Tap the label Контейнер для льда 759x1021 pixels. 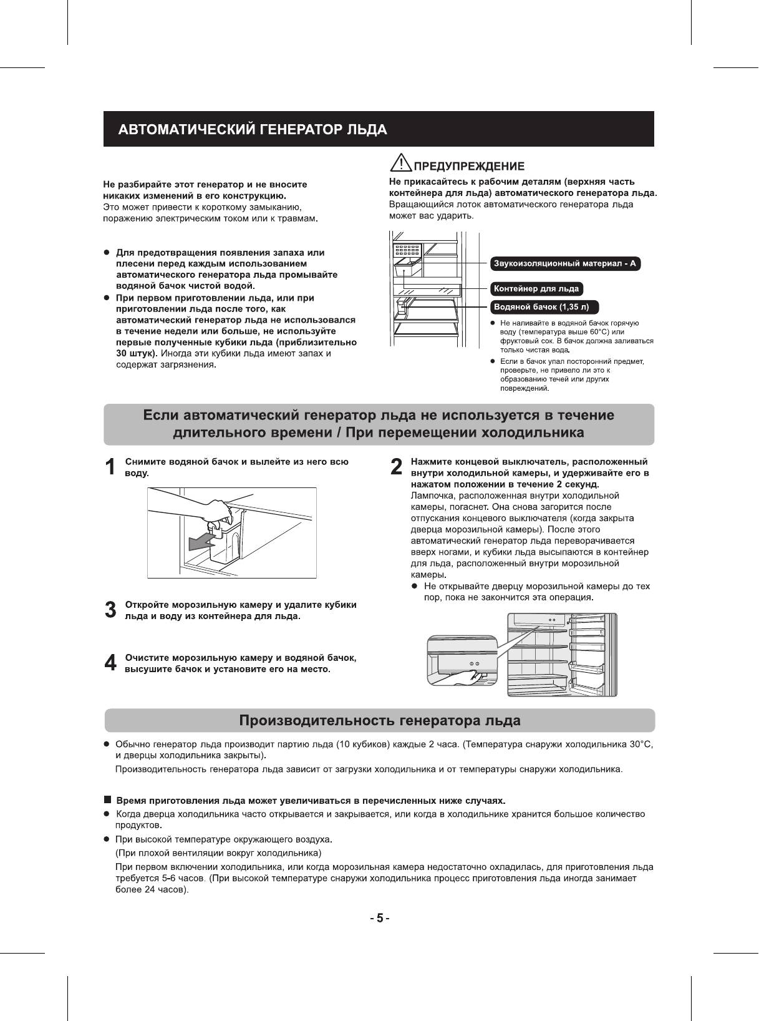point(536,288)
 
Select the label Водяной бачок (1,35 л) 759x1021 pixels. point(545,307)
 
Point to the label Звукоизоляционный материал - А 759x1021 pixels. point(565,263)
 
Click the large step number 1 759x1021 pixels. point(110,467)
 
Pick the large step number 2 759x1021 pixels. point(395,467)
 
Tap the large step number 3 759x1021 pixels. point(110,610)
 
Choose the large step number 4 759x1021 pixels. point(110,663)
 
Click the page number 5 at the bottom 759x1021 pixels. point(379,919)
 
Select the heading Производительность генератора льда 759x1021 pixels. point(379,721)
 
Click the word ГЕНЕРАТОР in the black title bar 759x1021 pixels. point(298,130)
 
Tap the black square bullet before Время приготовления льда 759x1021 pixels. point(107,799)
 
